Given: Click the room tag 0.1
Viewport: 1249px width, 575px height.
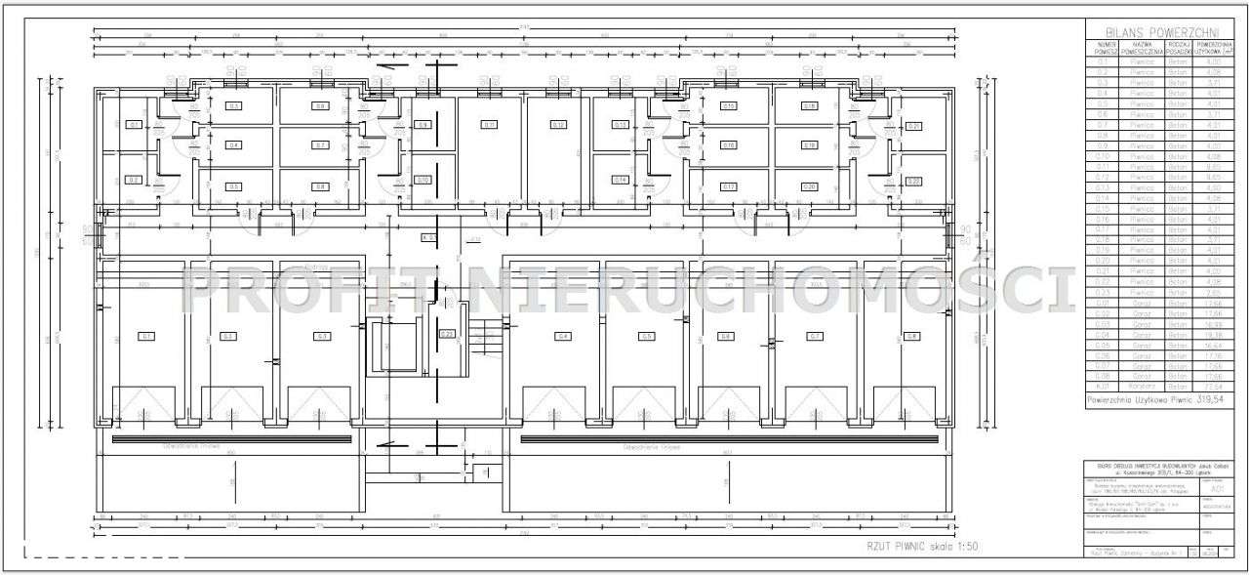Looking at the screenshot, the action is click(134, 125).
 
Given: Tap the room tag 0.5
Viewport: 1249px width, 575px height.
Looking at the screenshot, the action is click(233, 186).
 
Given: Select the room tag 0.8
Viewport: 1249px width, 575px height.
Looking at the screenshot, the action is click(320, 186).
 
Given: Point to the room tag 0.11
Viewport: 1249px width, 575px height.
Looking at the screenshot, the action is click(490, 125).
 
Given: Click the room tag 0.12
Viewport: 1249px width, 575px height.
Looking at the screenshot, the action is click(558, 125).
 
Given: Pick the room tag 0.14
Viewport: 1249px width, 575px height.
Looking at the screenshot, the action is click(620, 180).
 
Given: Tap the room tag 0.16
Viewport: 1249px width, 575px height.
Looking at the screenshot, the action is click(729, 145).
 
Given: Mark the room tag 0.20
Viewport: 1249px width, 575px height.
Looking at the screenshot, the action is click(809, 186).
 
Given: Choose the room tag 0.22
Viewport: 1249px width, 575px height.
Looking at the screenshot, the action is click(914, 181).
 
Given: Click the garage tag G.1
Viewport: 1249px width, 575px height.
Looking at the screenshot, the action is click(147, 336).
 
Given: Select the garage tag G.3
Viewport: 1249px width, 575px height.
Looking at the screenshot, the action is click(320, 336).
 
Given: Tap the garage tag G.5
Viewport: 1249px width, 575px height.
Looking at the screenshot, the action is click(646, 336).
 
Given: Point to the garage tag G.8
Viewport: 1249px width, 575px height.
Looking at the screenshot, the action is click(911, 336).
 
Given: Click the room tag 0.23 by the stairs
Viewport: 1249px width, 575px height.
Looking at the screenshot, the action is click(447, 334).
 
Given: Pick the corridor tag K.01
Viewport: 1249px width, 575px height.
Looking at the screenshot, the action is click(428, 237).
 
